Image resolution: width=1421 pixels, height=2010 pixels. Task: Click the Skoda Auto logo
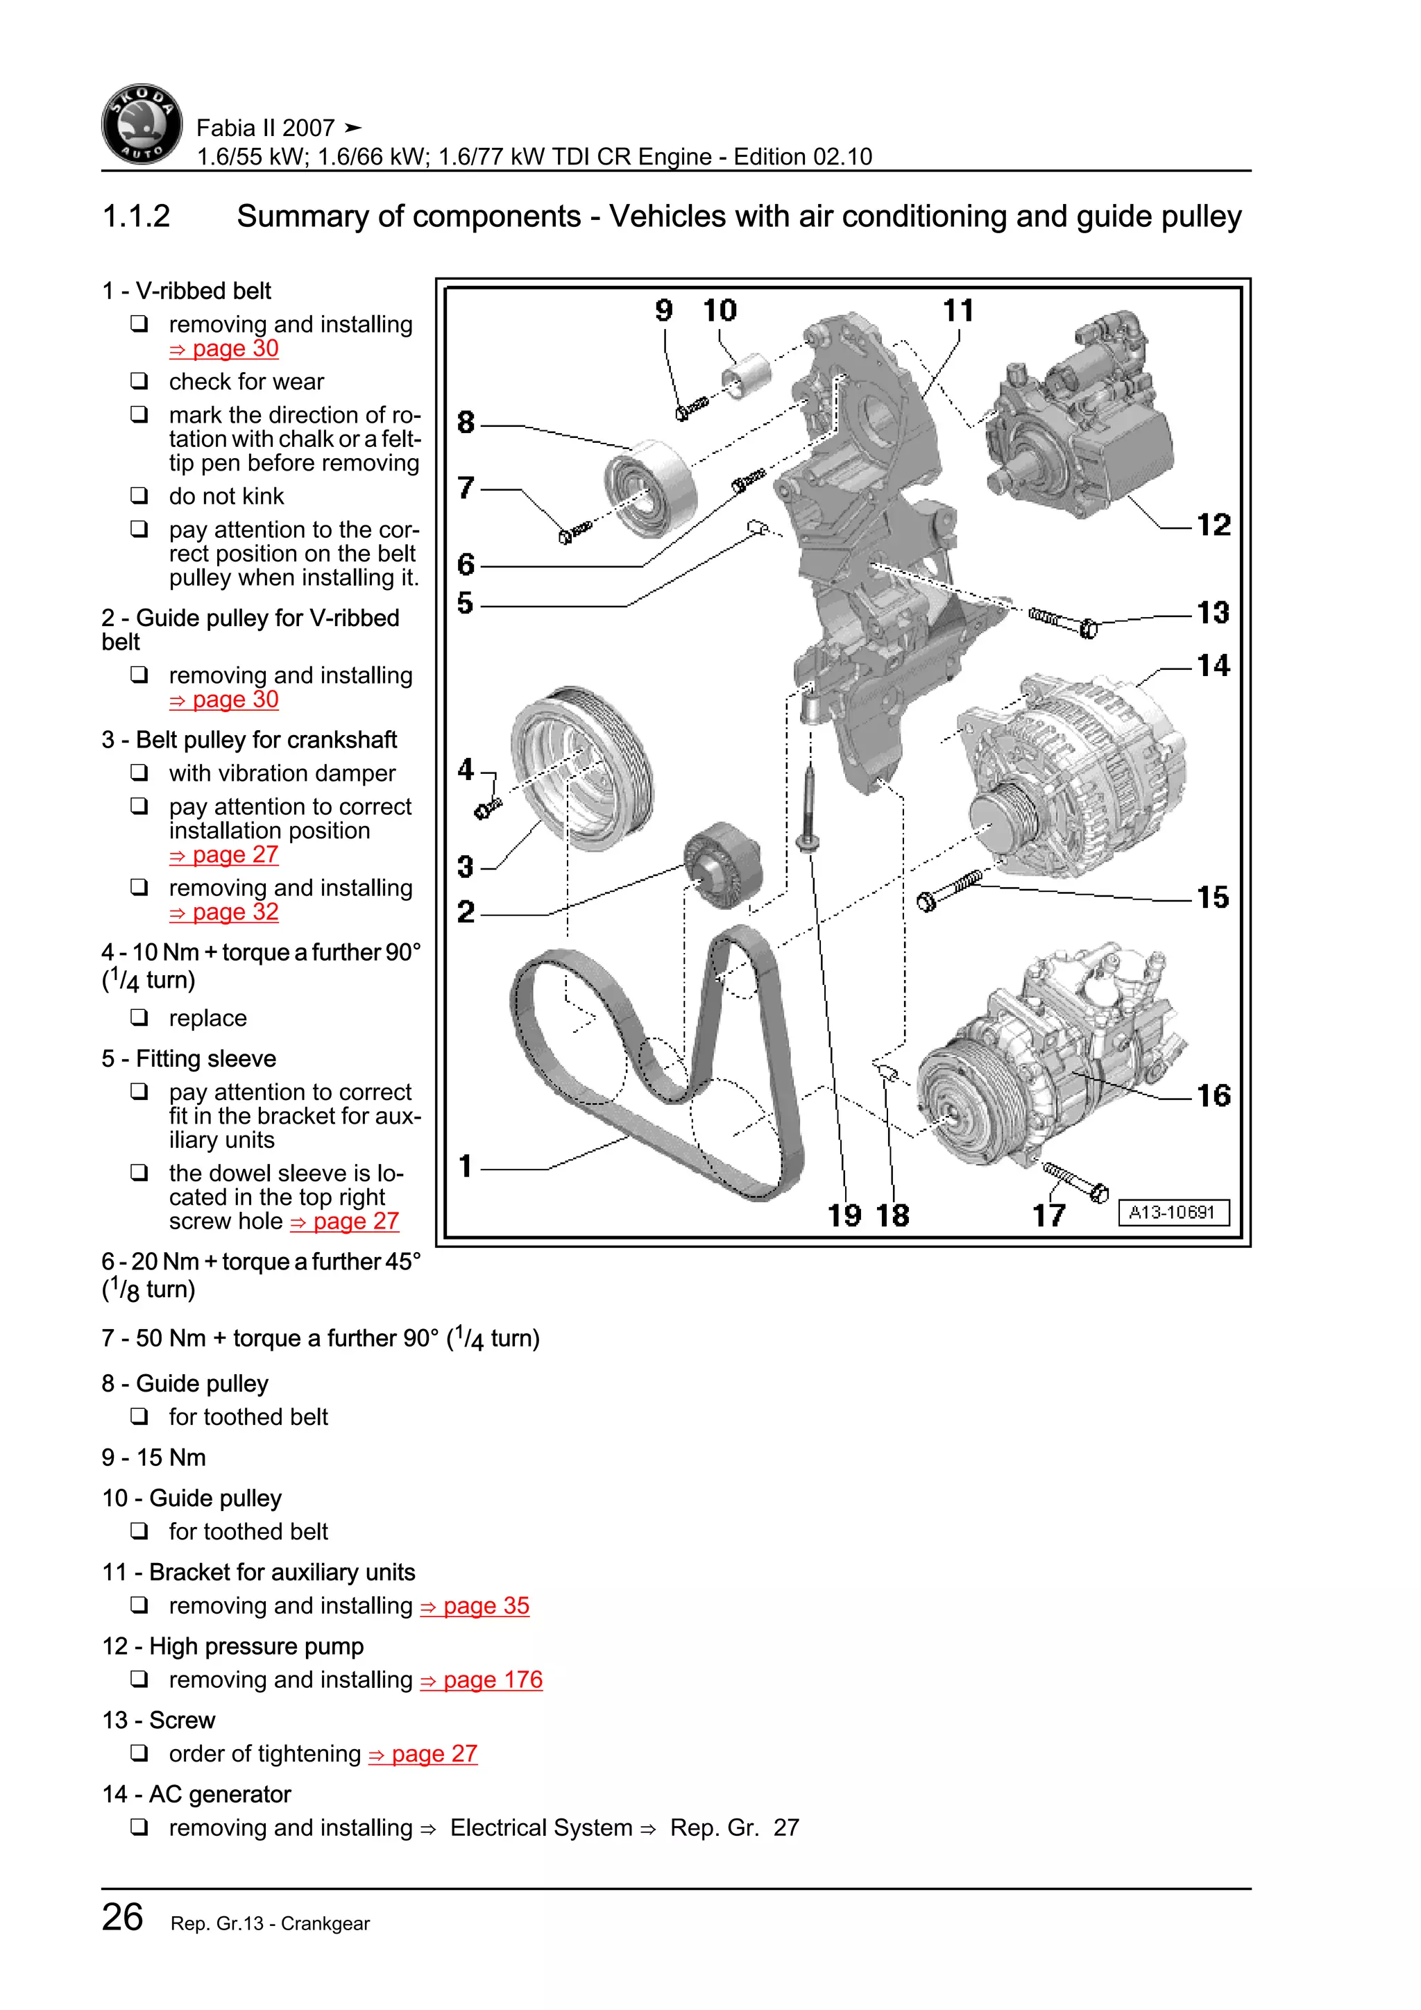[142, 125]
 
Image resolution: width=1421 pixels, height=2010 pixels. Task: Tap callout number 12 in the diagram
[1213, 525]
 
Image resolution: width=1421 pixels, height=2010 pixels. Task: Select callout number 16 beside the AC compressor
[1213, 1096]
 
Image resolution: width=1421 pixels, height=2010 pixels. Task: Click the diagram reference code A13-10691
[1173, 1213]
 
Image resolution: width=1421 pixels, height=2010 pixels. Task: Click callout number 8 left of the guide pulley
[466, 423]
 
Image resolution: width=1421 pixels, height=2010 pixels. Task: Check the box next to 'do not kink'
[139, 496]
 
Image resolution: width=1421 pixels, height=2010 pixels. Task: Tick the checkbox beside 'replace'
[139, 1017]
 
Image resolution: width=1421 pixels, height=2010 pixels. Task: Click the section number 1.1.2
[137, 217]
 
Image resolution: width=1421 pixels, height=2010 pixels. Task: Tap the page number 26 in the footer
[123, 1917]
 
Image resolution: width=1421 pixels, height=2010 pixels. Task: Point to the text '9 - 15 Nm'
[154, 1458]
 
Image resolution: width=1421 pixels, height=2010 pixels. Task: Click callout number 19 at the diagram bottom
[844, 1215]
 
